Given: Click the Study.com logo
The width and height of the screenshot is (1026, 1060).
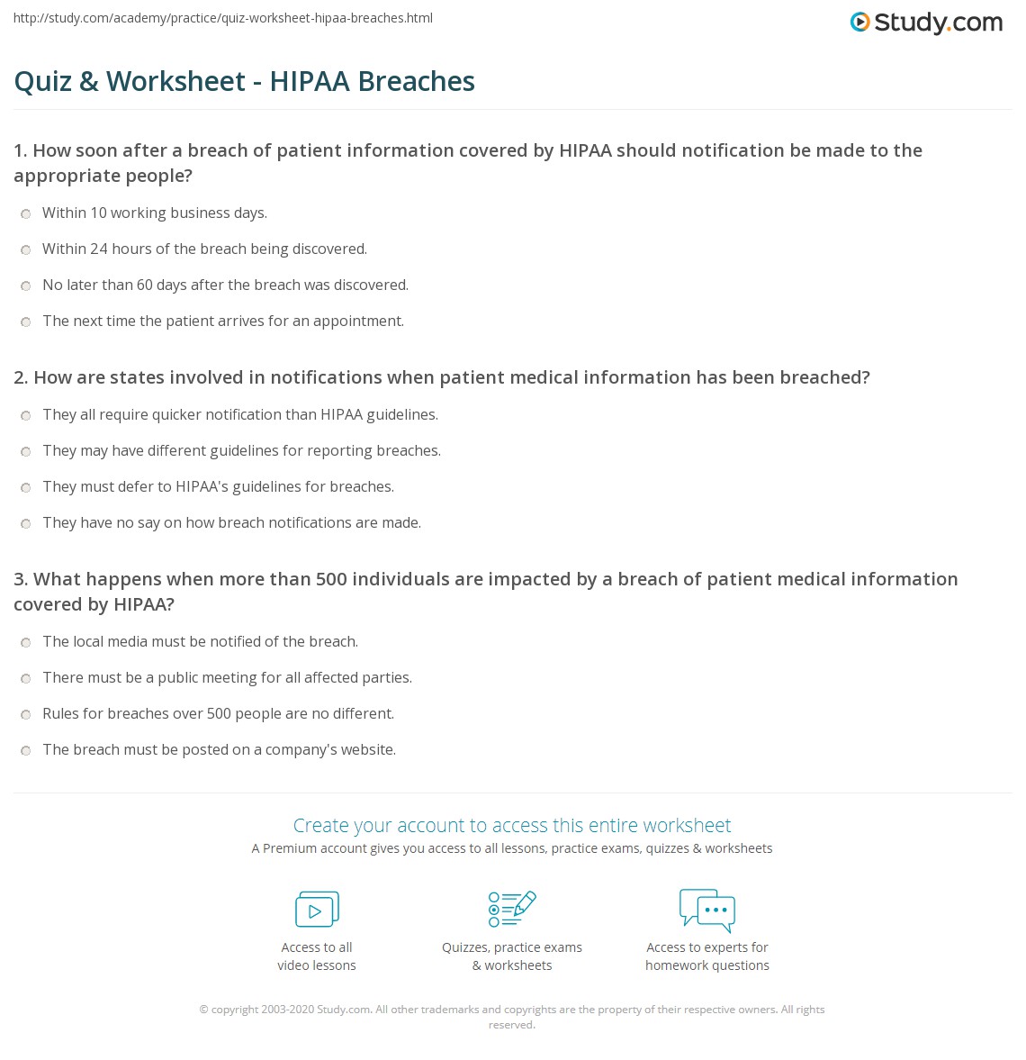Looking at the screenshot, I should coord(926,23).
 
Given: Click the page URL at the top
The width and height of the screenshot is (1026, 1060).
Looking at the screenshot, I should coord(223,18).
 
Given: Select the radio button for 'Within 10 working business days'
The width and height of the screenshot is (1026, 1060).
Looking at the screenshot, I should coord(26,214).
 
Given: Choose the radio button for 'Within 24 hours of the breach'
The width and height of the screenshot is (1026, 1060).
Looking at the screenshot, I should coord(26,250).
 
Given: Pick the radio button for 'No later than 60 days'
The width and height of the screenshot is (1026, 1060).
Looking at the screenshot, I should coord(26,286).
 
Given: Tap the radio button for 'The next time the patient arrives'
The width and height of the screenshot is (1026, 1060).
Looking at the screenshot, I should coord(26,322).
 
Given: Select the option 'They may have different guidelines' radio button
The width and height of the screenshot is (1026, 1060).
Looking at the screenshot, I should coord(26,452).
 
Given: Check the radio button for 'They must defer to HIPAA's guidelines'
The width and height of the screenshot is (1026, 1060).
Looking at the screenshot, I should coord(26,488).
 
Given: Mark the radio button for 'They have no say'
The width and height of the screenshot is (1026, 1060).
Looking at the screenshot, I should coord(26,524).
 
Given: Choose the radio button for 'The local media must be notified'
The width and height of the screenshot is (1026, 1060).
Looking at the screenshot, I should coord(26,643).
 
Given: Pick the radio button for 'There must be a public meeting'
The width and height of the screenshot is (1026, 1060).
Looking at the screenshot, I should coord(26,679).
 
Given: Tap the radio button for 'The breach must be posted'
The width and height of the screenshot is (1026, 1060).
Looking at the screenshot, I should coord(26,751).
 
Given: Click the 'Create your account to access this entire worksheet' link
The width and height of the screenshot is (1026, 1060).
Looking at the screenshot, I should coord(512,825).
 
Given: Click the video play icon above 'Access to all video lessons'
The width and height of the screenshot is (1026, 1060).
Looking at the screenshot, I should coord(317,910).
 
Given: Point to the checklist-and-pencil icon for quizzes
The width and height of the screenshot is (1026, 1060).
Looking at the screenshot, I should coord(512,909).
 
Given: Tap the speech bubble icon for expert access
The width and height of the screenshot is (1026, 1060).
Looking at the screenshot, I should coord(707,909).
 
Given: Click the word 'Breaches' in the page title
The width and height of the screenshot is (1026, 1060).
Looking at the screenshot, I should coord(417,81).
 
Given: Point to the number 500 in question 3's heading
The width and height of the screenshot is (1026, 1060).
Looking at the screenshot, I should coord(331,579).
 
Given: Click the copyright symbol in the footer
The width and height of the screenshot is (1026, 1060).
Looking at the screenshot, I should coord(203,1010).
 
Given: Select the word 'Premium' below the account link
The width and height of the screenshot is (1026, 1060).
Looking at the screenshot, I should coord(286,848).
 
